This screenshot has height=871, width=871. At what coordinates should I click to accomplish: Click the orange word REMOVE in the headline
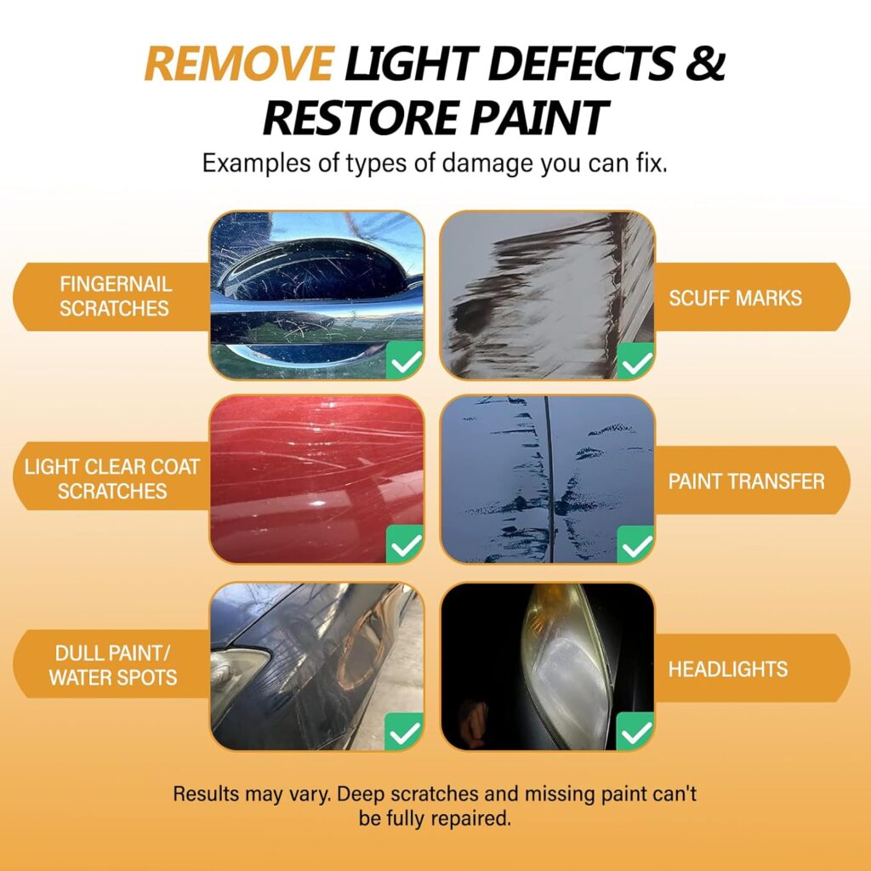pyautogui.click(x=239, y=64)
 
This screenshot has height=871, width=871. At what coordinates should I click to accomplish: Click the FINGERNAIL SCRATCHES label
pyautogui.click(x=115, y=296)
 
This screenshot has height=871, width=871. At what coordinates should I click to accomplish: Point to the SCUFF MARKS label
pyautogui.click(x=735, y=299)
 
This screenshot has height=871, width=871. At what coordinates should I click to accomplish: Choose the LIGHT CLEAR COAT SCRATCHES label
pyautogui.click(x=111, y=479)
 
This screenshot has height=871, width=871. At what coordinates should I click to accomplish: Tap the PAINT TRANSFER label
pyautogui.click(x=746, y=481)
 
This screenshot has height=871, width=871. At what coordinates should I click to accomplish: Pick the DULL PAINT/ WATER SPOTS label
pyautogui.click(x=113, y=665)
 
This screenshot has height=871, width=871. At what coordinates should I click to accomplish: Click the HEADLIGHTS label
pyautogui.click(x=728, y=669)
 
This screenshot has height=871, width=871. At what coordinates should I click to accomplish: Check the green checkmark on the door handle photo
pyautogui.click(x=405, y=361)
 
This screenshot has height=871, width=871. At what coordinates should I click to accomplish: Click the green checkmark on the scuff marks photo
pyautogui.click(x=636, y=361)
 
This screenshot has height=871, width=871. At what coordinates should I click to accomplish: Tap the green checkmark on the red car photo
pyautogui.click(x=405, y=544)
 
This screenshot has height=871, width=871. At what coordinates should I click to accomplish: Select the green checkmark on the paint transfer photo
pyautogui.click(x=636, y=545)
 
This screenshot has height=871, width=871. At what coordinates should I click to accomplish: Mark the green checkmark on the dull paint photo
pyautogui.click(x=404, y=732)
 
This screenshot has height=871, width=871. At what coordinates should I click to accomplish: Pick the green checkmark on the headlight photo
pyautogui.click(x=635, y=732)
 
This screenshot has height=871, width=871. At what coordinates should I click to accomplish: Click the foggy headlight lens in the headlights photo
pyautogui.click(x=566, y=667)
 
